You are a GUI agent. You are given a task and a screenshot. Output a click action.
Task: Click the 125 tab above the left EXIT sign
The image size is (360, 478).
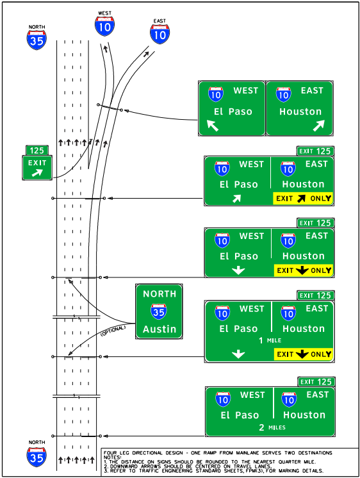(x=37, y=151)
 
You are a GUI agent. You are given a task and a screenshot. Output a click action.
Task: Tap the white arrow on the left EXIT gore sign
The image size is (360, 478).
(x=37, y=172)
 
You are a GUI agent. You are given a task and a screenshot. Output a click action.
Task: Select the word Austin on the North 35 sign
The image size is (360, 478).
(x=159, y=329)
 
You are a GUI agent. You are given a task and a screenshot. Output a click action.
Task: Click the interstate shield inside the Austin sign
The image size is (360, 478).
(x=159, y=312)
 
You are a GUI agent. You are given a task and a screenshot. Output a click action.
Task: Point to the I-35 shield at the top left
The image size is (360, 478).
(x=37, y=38)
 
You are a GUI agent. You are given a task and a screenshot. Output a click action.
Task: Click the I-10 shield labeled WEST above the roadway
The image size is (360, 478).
(x=105, y=25)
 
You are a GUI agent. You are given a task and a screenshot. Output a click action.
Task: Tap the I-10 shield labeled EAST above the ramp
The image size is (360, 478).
(x=160, y=33)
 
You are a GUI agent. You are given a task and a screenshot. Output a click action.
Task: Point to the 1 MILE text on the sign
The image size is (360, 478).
(x=269, y=341)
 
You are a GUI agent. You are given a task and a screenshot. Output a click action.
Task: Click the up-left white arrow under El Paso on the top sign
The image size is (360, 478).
(x=213, y=126)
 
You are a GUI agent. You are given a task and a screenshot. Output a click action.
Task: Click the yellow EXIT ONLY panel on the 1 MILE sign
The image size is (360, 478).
(x=303, y=354)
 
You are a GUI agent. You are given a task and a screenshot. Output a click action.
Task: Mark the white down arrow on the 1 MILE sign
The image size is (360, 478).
(x=239, y=354)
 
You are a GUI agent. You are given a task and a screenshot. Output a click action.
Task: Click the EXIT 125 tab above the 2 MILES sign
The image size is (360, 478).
(x=316, y=381)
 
